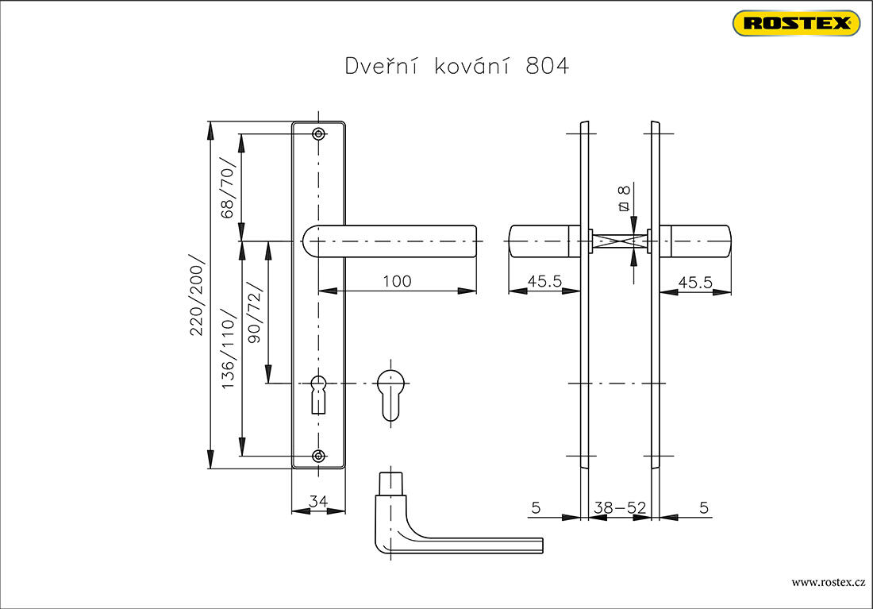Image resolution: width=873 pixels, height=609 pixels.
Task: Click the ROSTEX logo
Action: [796, 23]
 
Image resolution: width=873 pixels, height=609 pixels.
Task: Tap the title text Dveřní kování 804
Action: [457, 66]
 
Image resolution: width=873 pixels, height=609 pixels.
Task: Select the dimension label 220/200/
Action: [197, 295]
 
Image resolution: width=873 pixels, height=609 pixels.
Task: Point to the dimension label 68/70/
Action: [228, 187]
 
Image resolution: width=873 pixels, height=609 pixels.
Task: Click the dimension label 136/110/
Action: [229, 349]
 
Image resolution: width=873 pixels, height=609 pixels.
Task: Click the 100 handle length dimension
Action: [397, 281]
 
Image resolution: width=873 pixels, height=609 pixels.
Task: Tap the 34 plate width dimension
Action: [318, 502]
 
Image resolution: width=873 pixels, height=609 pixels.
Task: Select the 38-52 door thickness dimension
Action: [620, 507]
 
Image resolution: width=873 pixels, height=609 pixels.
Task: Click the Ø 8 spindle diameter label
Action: [624, 199]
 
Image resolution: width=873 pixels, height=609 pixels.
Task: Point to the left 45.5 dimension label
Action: [544, 281]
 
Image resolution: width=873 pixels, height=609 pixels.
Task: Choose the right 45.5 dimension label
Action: [695, 283]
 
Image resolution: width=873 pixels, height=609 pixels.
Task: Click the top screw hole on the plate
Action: [318, 133]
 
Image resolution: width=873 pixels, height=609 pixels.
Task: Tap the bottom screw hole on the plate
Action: [318, 456]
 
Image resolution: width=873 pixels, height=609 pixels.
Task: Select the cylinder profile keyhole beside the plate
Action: [390, 395]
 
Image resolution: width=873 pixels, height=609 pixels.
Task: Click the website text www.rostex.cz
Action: [829, 582]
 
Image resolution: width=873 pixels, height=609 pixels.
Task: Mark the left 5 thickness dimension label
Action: [536, 507]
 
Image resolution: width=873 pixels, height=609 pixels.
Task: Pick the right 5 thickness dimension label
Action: [704, 507]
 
